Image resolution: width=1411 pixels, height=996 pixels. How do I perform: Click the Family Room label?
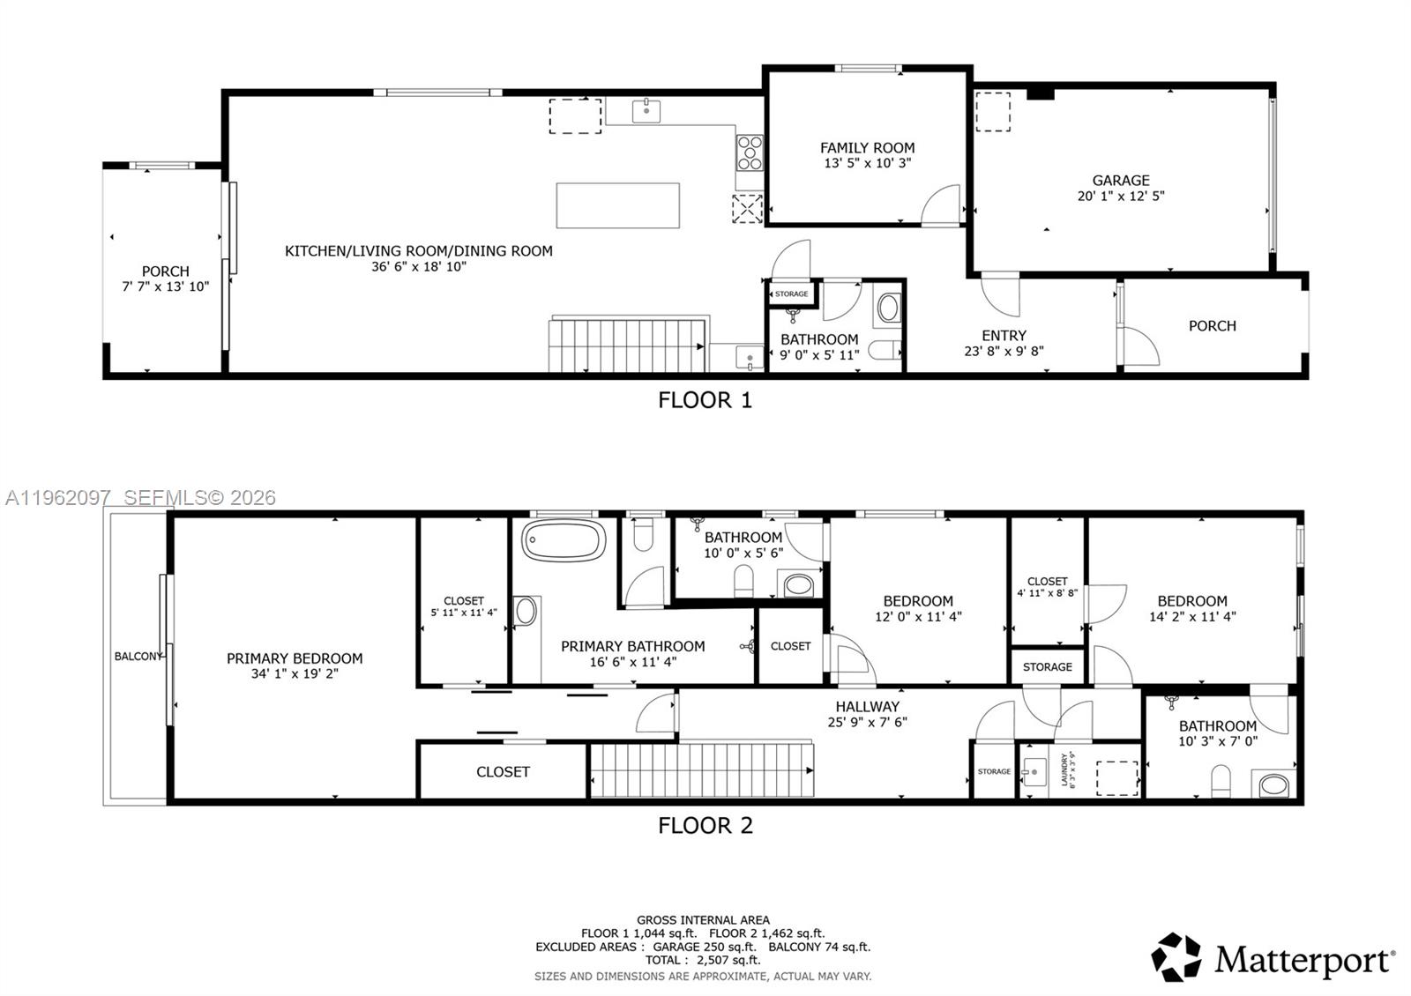867,148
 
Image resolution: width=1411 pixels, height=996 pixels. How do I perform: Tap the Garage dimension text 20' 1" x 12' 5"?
1120,196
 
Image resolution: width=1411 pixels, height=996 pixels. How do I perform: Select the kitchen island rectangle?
617,205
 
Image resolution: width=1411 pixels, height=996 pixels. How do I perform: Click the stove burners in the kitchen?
750,152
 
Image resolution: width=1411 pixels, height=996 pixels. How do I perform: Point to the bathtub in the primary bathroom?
564,539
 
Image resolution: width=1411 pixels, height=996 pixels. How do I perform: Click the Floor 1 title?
705,400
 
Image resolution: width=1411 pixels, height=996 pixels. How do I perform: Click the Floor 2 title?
705,826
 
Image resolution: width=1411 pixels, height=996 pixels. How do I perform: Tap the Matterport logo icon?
1176,956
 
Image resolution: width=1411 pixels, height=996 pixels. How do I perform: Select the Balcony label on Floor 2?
138,657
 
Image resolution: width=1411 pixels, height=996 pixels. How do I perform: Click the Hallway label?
867,706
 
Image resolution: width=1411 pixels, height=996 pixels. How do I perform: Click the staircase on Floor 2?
701,770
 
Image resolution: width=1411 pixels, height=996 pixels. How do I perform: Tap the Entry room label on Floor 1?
1004,336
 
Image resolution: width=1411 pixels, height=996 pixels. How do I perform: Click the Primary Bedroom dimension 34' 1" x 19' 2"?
295,673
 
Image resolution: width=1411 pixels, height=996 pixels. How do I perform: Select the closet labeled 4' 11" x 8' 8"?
1047,587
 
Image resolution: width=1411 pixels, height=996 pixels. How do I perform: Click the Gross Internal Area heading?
703,920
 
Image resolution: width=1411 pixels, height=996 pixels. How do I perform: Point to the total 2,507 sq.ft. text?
702,960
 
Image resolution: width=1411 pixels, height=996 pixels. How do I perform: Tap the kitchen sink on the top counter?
646,109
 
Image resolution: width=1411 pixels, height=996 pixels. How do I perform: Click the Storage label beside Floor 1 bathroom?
791,294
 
